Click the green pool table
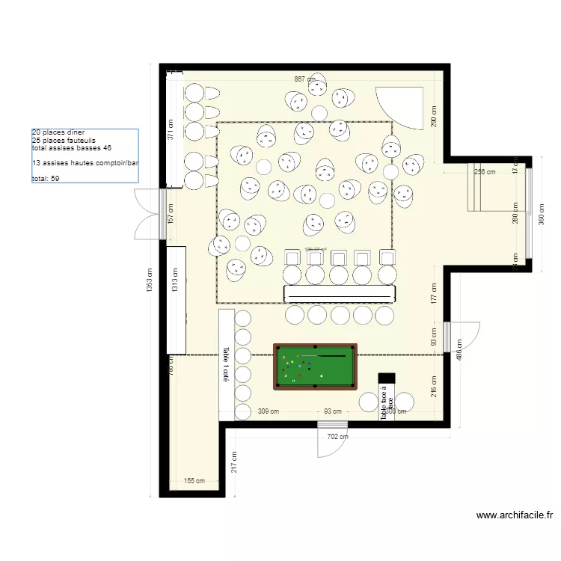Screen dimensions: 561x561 pos(315,366)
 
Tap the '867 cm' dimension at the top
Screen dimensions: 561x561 pos(304,79)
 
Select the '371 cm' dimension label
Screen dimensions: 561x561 pos(171,130)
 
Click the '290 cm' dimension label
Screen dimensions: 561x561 pos(434,116)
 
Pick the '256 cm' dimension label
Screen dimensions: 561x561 pos(485,172)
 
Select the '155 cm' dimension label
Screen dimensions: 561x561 pos(194,482)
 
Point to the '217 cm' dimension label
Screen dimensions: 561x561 pos(234,462)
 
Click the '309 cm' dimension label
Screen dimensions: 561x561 pos(269,411)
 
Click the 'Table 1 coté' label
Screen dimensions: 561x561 pos(225,365)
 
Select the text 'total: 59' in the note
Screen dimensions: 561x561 pos(46,179)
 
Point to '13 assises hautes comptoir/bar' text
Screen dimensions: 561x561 pos(85,163)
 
